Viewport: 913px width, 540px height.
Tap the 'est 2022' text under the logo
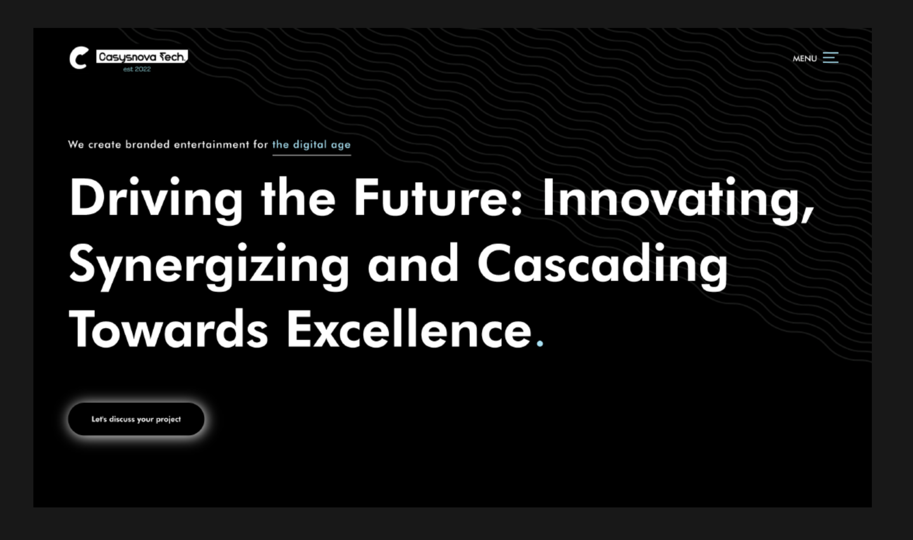(137, 69)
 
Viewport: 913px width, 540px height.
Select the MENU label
(805, 59)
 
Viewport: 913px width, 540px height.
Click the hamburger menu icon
(830, 57)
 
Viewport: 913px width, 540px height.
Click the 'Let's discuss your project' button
(136, 419)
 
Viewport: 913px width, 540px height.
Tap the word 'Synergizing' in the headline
(209, 266)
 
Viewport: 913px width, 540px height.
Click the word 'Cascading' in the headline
(602, 266)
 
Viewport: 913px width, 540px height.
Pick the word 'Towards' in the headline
(168, 329)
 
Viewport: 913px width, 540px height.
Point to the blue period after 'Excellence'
(540, 343)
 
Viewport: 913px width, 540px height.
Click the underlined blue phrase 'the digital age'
(311, 145)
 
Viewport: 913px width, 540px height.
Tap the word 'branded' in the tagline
(148, 144)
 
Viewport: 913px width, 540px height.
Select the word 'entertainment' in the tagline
(212, 144)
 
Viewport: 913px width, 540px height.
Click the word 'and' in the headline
(413, 263)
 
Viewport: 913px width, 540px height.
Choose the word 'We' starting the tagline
(76, 144)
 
